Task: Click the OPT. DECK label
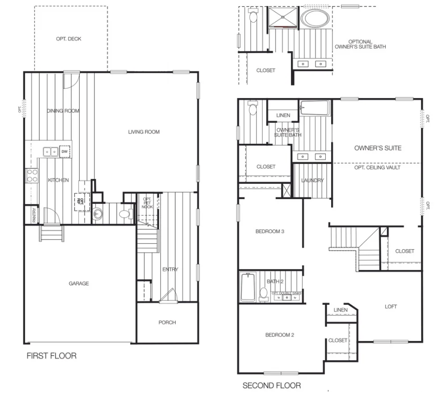(68, 39)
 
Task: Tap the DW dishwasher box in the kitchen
(64, 152)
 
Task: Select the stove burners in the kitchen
(32, 176)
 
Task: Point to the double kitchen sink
(50, 152)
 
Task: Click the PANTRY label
(33, 215)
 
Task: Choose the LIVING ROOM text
(144, 132)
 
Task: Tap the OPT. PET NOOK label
(147, 204)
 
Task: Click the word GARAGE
(79, 284)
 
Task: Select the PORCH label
(167, 323)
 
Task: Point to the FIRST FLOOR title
(51, 356)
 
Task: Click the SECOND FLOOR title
(272, 386)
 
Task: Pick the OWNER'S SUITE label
(377, 148)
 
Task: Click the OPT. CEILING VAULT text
(377, 167)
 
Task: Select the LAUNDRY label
(312, 181)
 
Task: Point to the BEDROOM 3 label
(270, 232)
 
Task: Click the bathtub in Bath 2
(247, 288)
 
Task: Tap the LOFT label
(391, 306)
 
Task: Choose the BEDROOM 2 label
(280, 335)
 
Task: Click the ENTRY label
(170, 269)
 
